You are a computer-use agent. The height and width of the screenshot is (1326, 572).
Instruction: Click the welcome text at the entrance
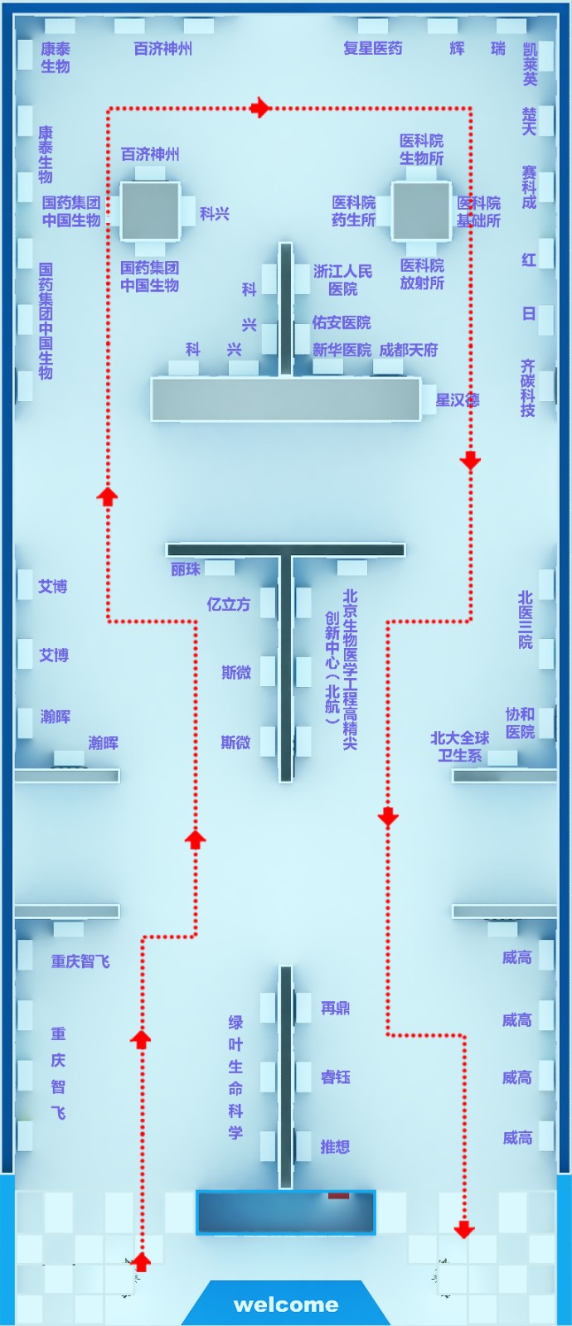286,1304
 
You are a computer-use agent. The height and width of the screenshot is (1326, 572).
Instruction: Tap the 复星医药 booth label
372,48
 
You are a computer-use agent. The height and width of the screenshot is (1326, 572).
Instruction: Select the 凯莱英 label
530,65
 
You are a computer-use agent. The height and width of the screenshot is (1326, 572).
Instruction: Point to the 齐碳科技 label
527,387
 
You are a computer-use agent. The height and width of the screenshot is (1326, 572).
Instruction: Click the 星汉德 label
457,399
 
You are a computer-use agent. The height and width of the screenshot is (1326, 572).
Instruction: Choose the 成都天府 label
408,350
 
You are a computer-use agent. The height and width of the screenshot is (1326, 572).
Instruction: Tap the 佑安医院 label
341,322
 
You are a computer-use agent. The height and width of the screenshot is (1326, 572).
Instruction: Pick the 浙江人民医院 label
342,280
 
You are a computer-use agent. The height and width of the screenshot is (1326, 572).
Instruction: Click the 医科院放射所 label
422,273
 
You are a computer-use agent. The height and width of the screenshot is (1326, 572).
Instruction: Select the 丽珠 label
186,569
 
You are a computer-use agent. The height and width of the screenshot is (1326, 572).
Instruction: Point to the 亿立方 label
228,604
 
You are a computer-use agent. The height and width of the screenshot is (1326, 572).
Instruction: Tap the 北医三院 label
526,619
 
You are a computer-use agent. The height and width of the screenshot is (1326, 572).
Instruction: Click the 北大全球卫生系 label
459,746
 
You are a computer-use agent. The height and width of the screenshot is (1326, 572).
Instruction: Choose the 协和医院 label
520,723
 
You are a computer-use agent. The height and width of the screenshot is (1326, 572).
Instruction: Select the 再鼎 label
335,1008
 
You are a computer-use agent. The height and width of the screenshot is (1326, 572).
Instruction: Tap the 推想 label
335,1146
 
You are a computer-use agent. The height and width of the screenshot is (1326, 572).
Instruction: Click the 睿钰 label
335,1077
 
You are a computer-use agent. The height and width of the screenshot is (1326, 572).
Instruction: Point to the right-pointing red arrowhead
261,108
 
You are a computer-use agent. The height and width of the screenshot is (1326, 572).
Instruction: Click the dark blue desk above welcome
285,1212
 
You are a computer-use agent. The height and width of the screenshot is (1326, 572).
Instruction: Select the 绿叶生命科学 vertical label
235,1077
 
